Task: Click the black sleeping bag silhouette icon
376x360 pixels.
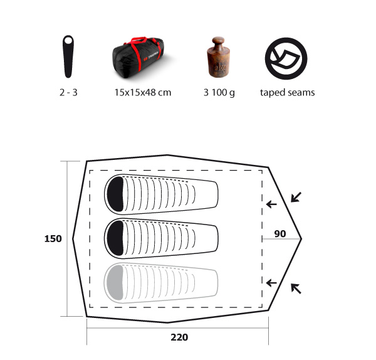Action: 68,58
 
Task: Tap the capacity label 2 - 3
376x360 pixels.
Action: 68,92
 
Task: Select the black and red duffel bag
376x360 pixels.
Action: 138,58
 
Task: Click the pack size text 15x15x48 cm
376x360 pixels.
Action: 143,92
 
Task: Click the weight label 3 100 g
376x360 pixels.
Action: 219,93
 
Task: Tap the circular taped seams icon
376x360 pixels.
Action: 286,58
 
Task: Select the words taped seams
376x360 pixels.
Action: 288,93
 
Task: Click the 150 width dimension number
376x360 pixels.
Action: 53,238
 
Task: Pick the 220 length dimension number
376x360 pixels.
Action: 179,337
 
